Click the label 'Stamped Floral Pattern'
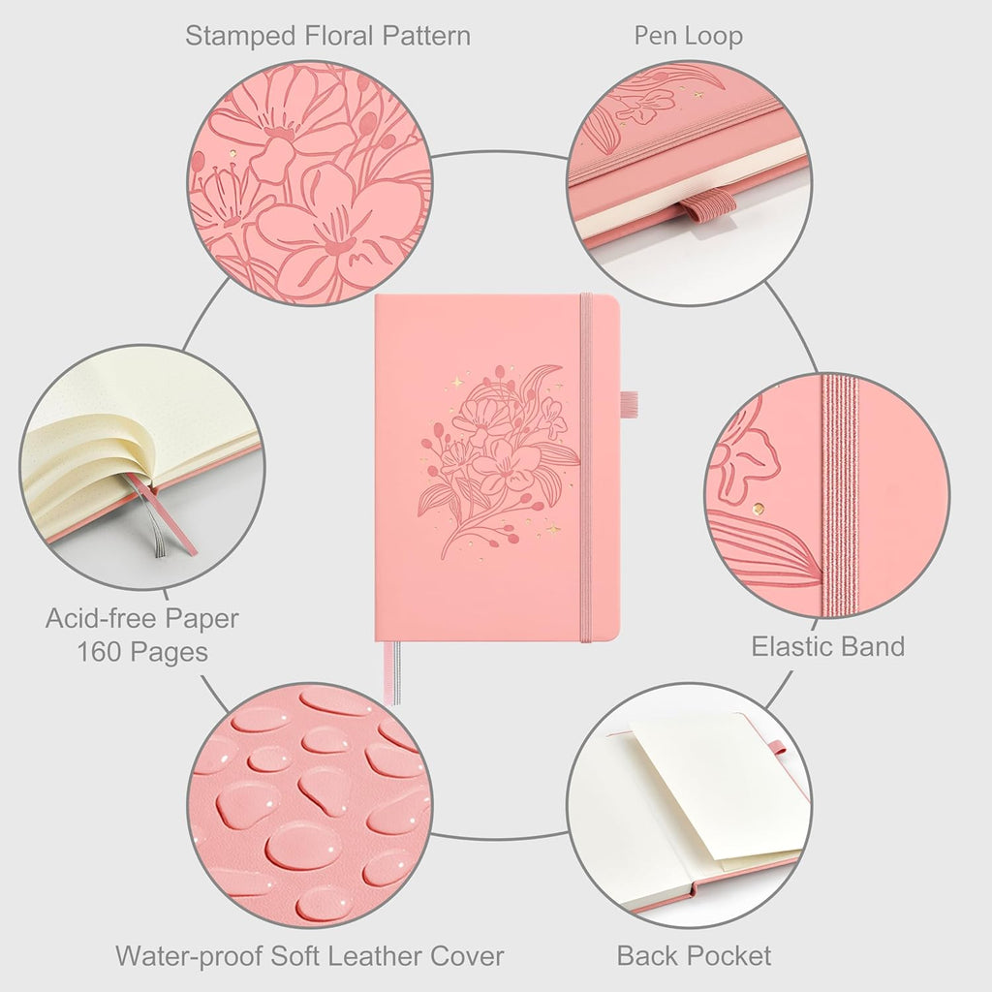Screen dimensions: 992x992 327,36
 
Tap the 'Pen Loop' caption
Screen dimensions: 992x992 689,36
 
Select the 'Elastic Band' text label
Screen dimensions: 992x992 827,646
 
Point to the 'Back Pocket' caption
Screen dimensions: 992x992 694,955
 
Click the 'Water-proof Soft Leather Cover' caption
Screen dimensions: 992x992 309,955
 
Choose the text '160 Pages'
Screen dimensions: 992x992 142,652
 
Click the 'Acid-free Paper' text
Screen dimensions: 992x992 142,618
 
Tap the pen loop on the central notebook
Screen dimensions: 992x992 629,405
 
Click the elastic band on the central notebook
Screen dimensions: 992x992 586,468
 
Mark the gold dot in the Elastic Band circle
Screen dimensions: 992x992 759,507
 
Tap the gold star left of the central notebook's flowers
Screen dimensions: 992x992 457,382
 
